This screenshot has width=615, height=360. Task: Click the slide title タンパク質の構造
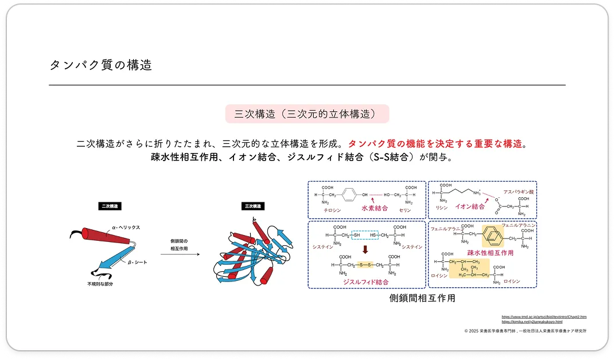point(101,65)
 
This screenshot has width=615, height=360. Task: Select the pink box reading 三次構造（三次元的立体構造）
point(307,114)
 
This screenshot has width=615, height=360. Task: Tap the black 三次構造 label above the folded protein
point(252,206)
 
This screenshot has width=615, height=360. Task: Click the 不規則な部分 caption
point(100,284)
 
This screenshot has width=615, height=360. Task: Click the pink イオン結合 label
point(469,206)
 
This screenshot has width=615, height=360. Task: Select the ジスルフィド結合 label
point(365,282)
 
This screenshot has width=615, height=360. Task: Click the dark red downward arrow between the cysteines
point(365,249)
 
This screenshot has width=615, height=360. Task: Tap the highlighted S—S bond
point(365,265)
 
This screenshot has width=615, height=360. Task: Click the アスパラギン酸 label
point(519,192)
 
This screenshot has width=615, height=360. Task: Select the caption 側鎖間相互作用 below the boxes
point(422,298)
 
